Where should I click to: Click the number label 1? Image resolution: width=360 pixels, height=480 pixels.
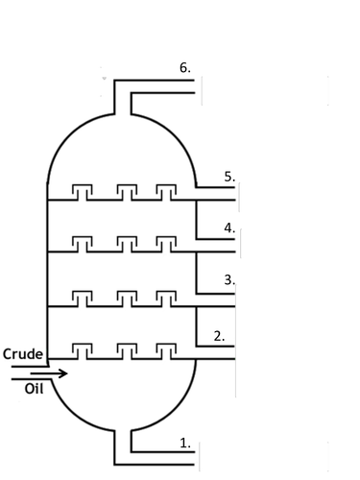click(x=185, y=443)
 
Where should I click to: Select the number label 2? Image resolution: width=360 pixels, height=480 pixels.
click(x=219, y=335)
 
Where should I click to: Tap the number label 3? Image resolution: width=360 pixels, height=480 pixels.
click(x=228, y=279)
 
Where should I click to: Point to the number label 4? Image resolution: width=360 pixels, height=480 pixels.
click(x=228, y=228)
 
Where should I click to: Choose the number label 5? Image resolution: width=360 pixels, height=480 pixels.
click(x=228, y=177)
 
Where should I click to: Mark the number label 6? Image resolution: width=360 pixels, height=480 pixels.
click(x=185, y=67)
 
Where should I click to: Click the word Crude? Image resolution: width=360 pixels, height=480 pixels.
click(x=22, y=354)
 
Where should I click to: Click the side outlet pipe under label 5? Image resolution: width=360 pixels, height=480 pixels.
click(x=216, y=194)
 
